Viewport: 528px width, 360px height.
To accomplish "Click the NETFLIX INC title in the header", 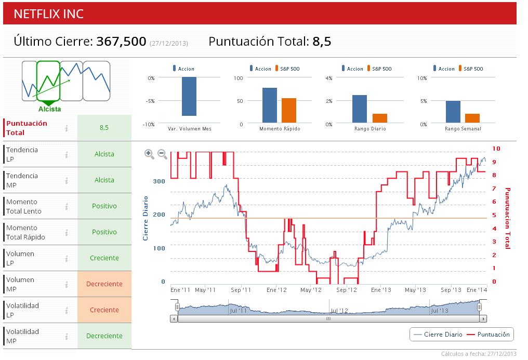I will tap(48, 14).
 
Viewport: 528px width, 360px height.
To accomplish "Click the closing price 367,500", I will tap(121, 42).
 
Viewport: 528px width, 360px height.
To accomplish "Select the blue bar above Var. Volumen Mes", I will tap(189, 96).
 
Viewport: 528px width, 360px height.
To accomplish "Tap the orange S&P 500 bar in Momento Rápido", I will tap(288, 110).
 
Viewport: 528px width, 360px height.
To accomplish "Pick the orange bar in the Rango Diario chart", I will tap(380, 118).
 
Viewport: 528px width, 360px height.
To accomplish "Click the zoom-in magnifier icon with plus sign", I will tap(149, 153).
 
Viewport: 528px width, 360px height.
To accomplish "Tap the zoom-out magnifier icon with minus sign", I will tap(162, 154).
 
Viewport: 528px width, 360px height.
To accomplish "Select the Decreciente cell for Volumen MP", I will tap(104, 284).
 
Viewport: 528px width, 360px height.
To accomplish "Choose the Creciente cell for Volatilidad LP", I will tap(104, 310).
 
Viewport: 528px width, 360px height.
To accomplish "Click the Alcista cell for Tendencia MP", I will tap(104, 180).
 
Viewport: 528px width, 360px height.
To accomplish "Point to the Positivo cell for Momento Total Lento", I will tap(104, 206).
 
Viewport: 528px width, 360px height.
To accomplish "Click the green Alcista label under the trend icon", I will tap(49, 109).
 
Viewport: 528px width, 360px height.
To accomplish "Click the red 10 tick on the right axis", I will tap(496, 149).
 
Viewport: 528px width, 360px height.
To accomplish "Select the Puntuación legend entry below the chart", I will tap(489, 335).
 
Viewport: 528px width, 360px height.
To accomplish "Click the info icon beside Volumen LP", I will tap(67, 258).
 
